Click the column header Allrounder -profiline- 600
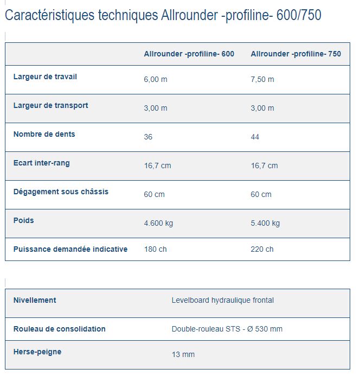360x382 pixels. click(189, 54)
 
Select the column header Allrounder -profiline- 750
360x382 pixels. click(295, 54)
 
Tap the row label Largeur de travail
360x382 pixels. click(45, 77)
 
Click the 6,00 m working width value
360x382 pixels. click(155, 79)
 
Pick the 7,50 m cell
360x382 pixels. click(262, 79)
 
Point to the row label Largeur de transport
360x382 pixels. click(50, 106)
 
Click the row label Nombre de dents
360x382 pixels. click(44, 135)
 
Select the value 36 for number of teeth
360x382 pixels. click(148, 137)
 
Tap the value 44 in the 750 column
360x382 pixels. click(255, 137)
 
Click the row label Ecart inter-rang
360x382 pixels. click(41, 163)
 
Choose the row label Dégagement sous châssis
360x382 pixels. click(61, 192)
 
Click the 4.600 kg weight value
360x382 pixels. click(158, 223)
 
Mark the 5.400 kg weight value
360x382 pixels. click(265, 223)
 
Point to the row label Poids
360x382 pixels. click(23, 220)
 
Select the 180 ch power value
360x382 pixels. click(155, 249)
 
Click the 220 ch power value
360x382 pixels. click(262, 249)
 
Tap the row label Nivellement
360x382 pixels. click(35, 300)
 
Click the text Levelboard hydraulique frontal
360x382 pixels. click(222, 300)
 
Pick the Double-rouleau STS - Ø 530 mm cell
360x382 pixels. click(227, 329)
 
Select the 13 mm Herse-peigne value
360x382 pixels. click(183, 354)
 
